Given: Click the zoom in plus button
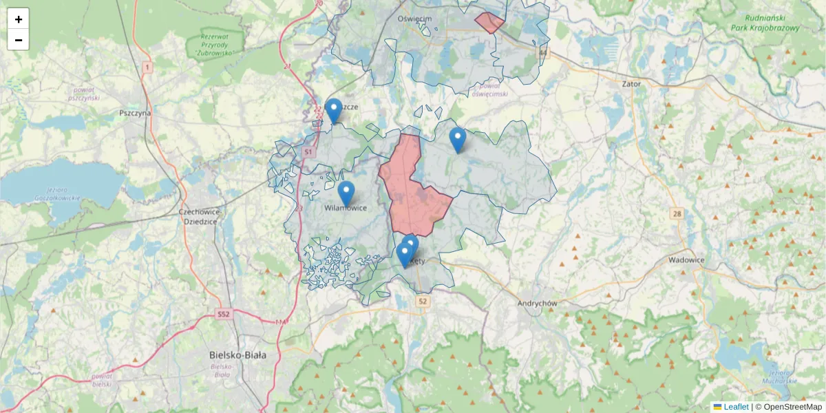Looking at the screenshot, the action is tap(19, 19).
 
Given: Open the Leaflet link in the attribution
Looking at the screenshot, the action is tap(736, 407).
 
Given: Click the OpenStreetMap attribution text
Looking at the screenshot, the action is tap(792, 407).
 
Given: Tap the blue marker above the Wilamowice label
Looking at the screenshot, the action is tap(346, 193).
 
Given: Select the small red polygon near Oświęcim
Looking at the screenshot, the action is tap(489, 22).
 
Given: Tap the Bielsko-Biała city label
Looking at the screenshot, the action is tap(237, 355).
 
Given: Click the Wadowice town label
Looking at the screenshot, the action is tap(686, 260).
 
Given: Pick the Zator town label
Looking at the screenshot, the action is tap(631, 84).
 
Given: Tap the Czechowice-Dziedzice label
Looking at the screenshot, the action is tap(198, 217).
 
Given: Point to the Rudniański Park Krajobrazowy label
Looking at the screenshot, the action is tap(772, 23).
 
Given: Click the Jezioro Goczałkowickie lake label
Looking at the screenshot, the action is tap(58, 193).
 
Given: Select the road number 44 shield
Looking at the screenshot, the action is tap(544, 52).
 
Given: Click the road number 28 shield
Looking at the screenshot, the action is tap(677, 214).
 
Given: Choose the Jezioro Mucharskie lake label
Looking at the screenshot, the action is tap(780, 377).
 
